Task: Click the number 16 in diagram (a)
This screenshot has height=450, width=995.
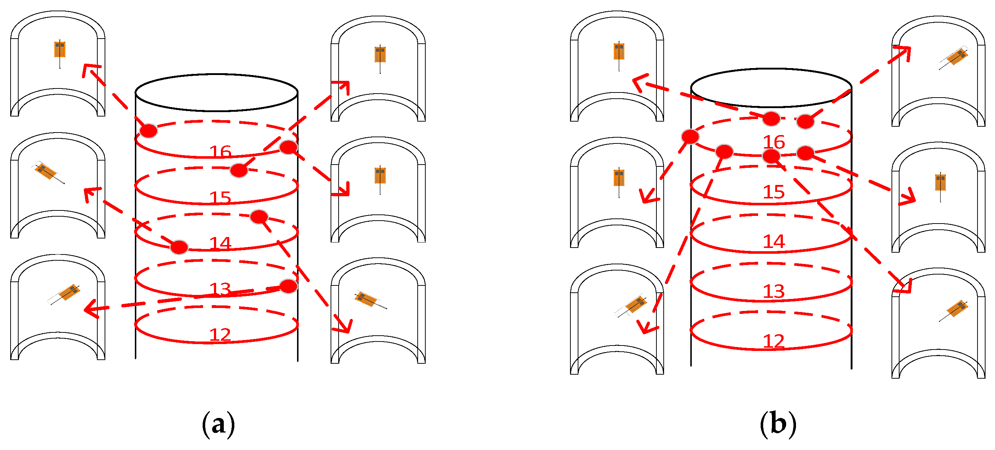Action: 220,151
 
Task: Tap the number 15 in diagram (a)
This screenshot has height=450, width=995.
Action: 220,198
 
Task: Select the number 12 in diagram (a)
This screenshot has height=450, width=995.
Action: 220,335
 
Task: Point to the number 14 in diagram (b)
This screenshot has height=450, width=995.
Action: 774,242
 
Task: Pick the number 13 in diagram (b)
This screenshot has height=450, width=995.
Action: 774,291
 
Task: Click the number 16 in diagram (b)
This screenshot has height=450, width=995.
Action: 774,142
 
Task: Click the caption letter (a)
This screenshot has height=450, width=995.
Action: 218,424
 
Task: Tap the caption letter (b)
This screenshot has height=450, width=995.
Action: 778,424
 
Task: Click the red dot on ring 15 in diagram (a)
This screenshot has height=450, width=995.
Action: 239,170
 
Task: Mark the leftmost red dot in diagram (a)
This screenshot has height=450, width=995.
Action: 148,131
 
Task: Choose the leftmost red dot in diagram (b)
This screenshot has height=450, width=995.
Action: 690,136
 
